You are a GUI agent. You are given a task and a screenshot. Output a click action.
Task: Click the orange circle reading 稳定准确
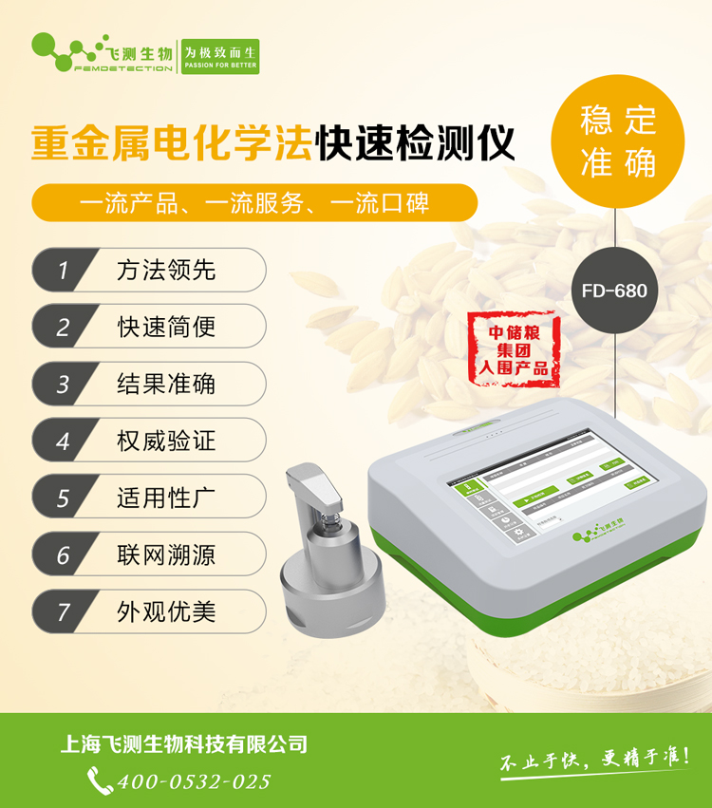click(x=618, y=141)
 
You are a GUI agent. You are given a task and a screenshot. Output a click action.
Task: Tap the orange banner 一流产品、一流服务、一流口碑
click(x=253, y=202)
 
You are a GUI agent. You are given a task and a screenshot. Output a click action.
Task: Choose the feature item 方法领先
click(x=166, y=270)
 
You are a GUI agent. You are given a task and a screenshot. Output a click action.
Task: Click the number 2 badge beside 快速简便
click(x=64, y=327)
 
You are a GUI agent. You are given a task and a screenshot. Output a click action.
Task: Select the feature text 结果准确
click(x=166, y=384)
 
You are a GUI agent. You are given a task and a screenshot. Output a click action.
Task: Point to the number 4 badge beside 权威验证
click(x=64, y=441)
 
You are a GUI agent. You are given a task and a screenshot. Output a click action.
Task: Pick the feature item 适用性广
click(x=166, y=498)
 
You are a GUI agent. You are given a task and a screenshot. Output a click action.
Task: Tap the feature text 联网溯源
click(x=166, y=554)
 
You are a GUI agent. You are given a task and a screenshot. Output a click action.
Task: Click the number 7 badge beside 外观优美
click(x=64, y=611)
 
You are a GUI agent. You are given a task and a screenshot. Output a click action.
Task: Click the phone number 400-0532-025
click(x=194, y=781)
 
